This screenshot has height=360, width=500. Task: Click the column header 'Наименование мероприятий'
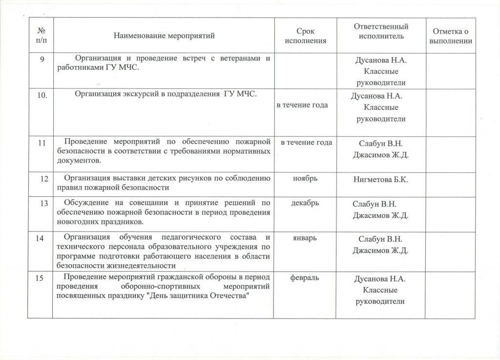pos(164,35)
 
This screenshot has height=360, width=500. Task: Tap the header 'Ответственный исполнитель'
pos(381,31)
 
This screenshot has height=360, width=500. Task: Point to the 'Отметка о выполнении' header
pos(450,36)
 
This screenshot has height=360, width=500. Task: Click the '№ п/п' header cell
pos(40,36)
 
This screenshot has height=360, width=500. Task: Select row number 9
pos(42,59)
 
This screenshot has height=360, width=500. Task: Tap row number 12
pos(44,179)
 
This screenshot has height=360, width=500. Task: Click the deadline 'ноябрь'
pos(305,178)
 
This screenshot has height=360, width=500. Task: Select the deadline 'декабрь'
pos(305,203)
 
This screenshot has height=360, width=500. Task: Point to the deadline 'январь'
pos(304,238)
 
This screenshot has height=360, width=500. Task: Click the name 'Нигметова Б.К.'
pos(380,180)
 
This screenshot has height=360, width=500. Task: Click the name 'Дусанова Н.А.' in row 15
pos(380,279)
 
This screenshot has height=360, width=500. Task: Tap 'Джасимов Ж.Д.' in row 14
pos(380,251)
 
